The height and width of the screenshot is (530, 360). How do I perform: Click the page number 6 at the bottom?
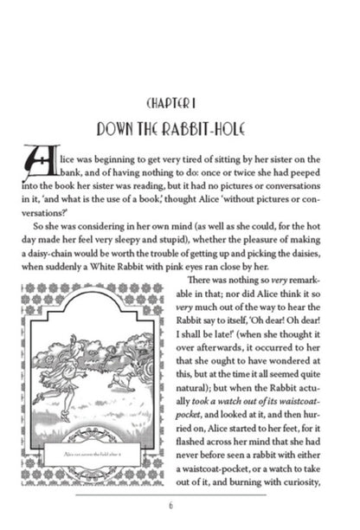[180, 507]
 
